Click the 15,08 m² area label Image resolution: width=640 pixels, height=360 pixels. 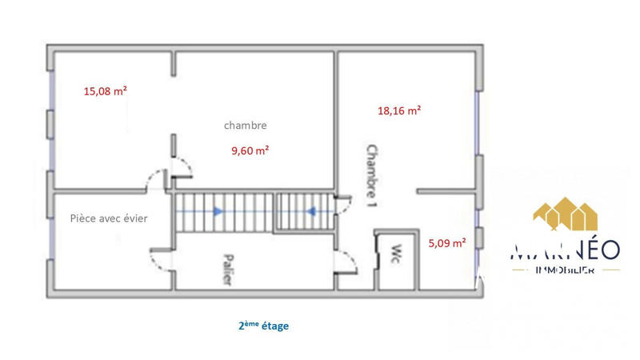click(106, 91)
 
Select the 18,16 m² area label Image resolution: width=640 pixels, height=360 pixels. click(399, 111)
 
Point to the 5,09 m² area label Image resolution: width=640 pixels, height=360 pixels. click(447, 243)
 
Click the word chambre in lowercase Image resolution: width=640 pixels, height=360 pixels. click(245, 126)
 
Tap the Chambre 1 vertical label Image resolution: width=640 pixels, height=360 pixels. click(370, 175)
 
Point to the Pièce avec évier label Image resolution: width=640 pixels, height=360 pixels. click(109, 218)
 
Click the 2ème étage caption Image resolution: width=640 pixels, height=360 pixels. click(262, 326)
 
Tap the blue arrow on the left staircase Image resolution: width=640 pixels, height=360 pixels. click(217, 211)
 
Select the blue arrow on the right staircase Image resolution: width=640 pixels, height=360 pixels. click(311, 211)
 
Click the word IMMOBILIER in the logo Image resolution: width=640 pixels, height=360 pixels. click(564, 271)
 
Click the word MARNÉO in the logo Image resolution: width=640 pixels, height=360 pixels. click(564, 250)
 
